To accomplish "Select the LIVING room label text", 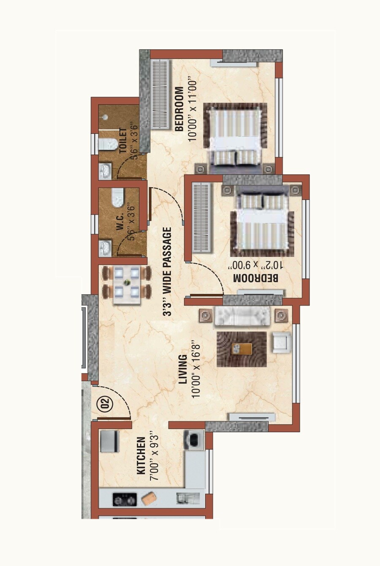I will coord(183,369).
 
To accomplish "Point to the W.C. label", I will coord(120,221).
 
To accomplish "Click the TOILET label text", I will coord(123,140).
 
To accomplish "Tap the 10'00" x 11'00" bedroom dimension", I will coord(193,109).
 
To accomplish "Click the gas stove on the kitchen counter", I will coord(125,500).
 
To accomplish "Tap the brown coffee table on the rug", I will coord(242,349).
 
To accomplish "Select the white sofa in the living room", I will coord(242,316).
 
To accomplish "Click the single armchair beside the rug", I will coord(280,342).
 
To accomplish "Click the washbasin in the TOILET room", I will coord(104,171).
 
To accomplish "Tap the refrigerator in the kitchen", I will coord(110,442).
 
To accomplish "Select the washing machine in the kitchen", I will coord(194,440).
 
